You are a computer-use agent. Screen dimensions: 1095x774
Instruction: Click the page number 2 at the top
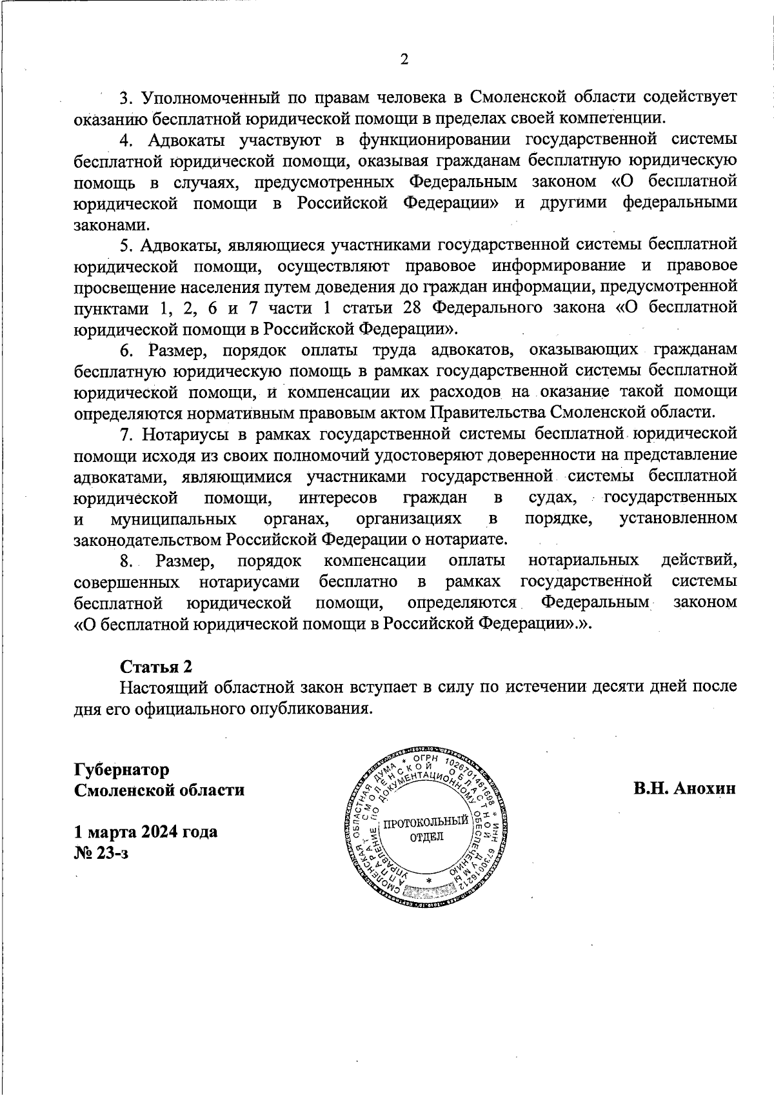coord(404,60)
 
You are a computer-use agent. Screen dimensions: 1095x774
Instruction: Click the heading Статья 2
coord(156,666)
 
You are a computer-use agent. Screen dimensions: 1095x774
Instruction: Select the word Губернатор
coord(122,770)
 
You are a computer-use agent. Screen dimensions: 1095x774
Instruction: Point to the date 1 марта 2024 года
coord(146,831)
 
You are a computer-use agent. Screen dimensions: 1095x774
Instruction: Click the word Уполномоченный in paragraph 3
coord(210,97)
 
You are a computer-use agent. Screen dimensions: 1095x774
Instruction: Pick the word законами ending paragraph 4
coord(111,225)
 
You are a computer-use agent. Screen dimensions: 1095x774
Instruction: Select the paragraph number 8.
coord(126,561)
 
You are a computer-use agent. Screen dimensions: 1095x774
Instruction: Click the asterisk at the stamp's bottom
coord(428,881)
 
